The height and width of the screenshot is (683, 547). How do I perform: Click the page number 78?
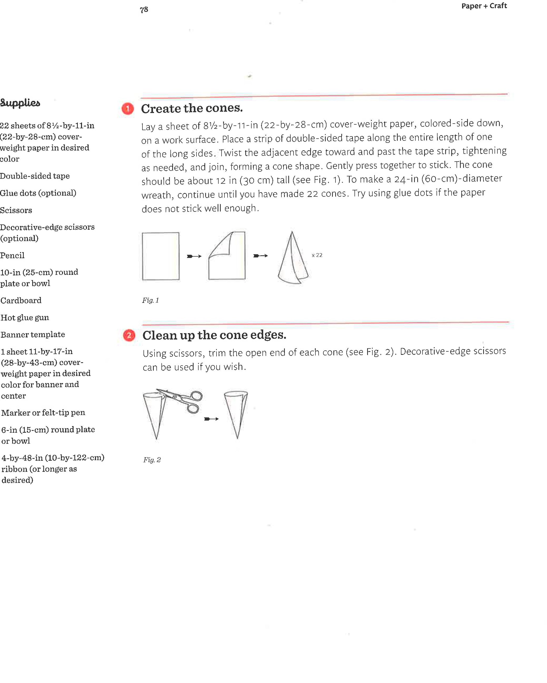tap(144, 10)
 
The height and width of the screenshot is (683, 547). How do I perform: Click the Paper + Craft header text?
tap(484, 6)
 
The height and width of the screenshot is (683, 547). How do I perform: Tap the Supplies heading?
tap(20, 103)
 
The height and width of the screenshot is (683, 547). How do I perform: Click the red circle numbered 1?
tap(128, 109)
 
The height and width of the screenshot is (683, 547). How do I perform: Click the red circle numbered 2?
tap(129, 335)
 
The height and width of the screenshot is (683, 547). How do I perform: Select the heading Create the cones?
tap(192, 108)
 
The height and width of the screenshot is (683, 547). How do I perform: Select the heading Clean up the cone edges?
tap(214, 335)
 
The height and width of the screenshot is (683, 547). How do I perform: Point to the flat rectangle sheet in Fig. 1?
tap(160, 256)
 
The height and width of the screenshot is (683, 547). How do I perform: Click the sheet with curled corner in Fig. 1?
tap(227, 256)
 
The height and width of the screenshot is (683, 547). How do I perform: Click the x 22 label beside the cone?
tap(317, 255)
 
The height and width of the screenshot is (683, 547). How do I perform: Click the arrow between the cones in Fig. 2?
tap(211, 419)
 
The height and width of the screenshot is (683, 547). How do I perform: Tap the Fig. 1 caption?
tap(150, 300)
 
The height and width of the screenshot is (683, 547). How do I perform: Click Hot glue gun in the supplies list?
tap(25, 318)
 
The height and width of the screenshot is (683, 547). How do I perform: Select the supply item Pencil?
tap(12, 256)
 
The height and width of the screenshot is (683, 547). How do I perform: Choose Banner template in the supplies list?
tap(33, 335)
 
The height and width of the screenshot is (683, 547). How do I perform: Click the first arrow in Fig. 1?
tap(194, 256)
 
